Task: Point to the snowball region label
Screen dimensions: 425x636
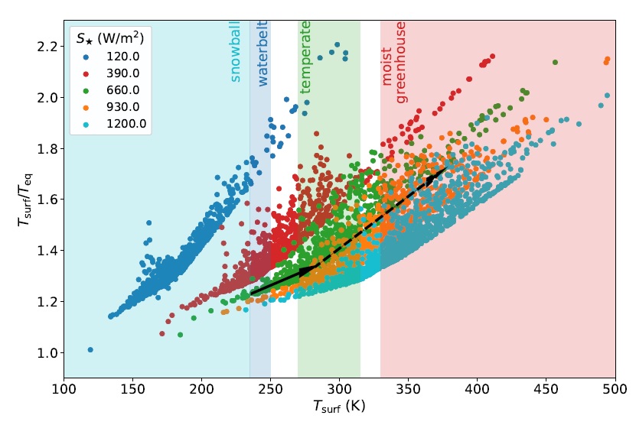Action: [236, 50]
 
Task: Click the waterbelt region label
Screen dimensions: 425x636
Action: [263, 54]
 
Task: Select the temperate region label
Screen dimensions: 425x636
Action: [305, 57]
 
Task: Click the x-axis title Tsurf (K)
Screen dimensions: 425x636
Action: [339, 407]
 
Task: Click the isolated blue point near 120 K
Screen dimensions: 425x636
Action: [90, 350]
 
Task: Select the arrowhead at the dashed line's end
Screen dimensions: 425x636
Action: [432, 178]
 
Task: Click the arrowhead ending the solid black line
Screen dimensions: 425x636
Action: [305, 271]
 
